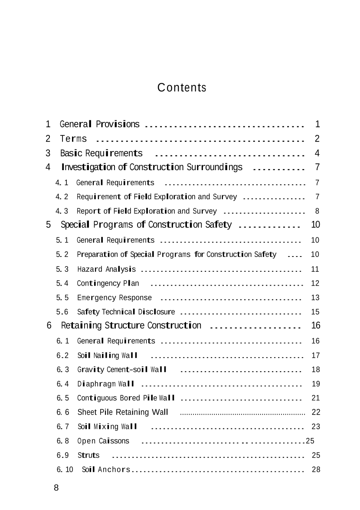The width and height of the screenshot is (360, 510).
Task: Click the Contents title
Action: point(182,88)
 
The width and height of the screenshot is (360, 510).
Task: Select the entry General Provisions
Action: point(99,125)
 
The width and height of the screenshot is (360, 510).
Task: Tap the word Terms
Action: point(73,139)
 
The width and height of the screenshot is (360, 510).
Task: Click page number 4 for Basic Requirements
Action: point(317,153)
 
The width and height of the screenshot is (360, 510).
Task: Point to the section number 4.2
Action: point(62,197)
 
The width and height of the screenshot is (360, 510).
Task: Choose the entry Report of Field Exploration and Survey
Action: point(147,211)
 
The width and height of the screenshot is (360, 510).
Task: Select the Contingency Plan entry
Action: point(108,283)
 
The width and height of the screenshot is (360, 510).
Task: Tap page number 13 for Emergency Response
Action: point(315,298)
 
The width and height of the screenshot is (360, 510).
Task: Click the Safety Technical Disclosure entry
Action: point(126,312)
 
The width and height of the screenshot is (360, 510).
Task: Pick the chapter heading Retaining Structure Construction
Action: point(131,326)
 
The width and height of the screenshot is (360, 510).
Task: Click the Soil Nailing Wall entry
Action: point(107,356)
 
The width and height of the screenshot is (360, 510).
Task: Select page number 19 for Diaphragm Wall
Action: point(316,384)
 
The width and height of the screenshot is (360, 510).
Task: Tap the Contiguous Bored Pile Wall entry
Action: point(126,398)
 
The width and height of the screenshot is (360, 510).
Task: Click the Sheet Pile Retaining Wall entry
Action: point(123,412)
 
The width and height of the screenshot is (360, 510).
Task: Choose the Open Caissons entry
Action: point(103,441)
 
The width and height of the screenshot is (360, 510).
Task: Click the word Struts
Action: point(88,455)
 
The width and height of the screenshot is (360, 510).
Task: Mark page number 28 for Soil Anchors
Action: point(316,470)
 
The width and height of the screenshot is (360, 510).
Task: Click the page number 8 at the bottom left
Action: point(56,487)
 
